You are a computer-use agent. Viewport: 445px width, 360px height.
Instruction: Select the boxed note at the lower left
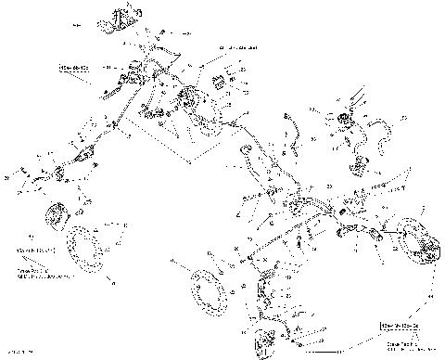coord(29,251)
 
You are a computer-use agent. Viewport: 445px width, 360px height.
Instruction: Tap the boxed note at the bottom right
coord(399,327)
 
